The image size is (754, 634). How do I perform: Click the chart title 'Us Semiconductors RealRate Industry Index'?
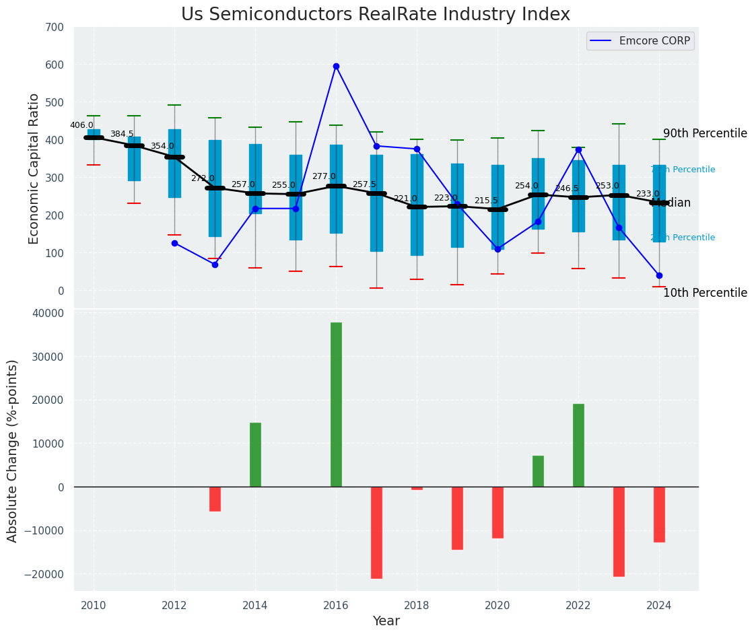click(375, 15)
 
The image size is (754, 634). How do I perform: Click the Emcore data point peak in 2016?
click(336, 66)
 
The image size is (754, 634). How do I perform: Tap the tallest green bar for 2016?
click(336, 404)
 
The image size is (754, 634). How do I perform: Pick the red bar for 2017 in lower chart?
click(376, 532)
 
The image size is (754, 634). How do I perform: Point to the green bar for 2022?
click(578, 445)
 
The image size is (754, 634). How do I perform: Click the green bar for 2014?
click(255, 454)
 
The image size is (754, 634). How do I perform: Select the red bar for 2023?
click(619, 531)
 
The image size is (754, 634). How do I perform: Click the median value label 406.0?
click(81, 125)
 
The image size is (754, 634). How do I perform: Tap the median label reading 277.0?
click(324, 176)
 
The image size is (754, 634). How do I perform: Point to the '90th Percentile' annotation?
click(705, 133)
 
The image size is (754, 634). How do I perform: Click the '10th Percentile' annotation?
click(705, 293)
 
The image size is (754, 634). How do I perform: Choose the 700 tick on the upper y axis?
click(55, 28)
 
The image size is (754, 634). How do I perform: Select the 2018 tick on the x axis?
click(417, 605)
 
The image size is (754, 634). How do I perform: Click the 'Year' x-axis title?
click(386, 621)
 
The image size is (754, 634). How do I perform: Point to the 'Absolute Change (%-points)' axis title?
click(13, 450)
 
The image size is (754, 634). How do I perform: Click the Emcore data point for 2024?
click(659, 275)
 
